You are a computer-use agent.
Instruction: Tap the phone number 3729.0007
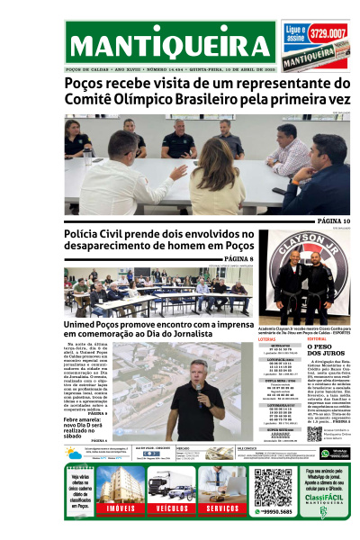click(x=328, y=33)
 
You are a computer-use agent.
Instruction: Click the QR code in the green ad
click(x=274, y=486)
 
